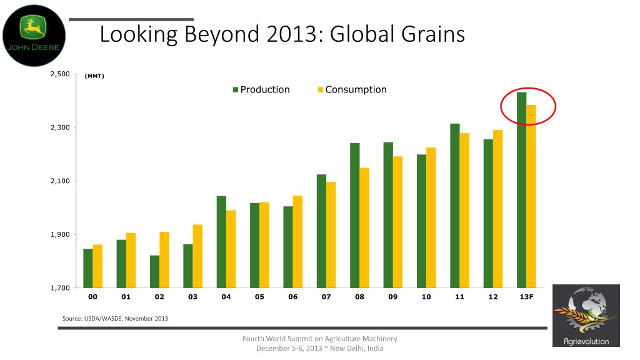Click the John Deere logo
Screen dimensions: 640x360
[34, 36]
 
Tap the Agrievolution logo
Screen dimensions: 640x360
[586, 316]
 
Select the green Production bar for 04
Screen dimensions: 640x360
[221, 242]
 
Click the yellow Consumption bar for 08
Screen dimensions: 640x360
[364, 227]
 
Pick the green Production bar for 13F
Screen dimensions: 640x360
[522, 190]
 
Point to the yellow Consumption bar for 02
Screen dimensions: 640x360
[164, 260]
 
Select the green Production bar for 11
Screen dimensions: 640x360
[455, 206]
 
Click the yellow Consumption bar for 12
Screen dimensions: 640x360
[497, 209]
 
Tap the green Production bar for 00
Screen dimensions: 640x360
[87, 268]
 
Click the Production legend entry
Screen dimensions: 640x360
[261, 89]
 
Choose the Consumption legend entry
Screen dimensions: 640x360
[352, 89]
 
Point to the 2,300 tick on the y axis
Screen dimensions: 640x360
[61, 127]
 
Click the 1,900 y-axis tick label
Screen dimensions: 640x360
[61, 234]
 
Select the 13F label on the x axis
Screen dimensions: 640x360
[526, 297]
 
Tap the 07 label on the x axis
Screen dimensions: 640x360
[326, 297]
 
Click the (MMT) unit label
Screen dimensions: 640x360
[94, 76]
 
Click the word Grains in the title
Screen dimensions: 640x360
[433, 34]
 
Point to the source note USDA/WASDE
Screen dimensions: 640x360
[103, 318]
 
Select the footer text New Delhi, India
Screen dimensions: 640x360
[357, 348]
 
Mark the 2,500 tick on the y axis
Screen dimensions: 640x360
[61, 74]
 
